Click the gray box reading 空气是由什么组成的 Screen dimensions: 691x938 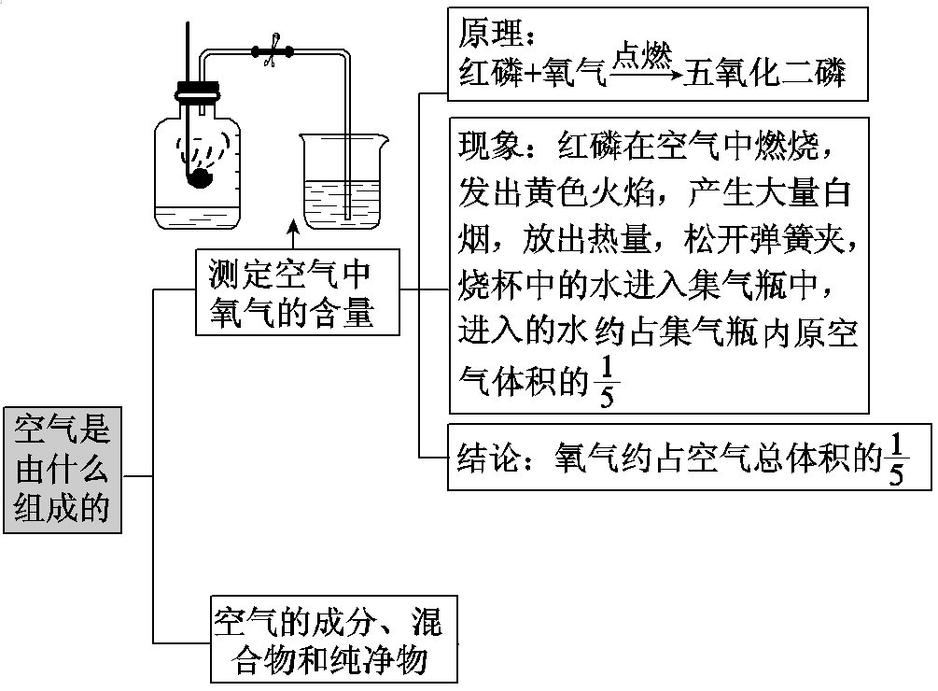pyautogui.click(x=63, y=469)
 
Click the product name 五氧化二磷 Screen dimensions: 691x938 pyautogui.click(x=764, y=73)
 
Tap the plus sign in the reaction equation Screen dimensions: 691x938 pyautogui.click(x=540, y=73)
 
